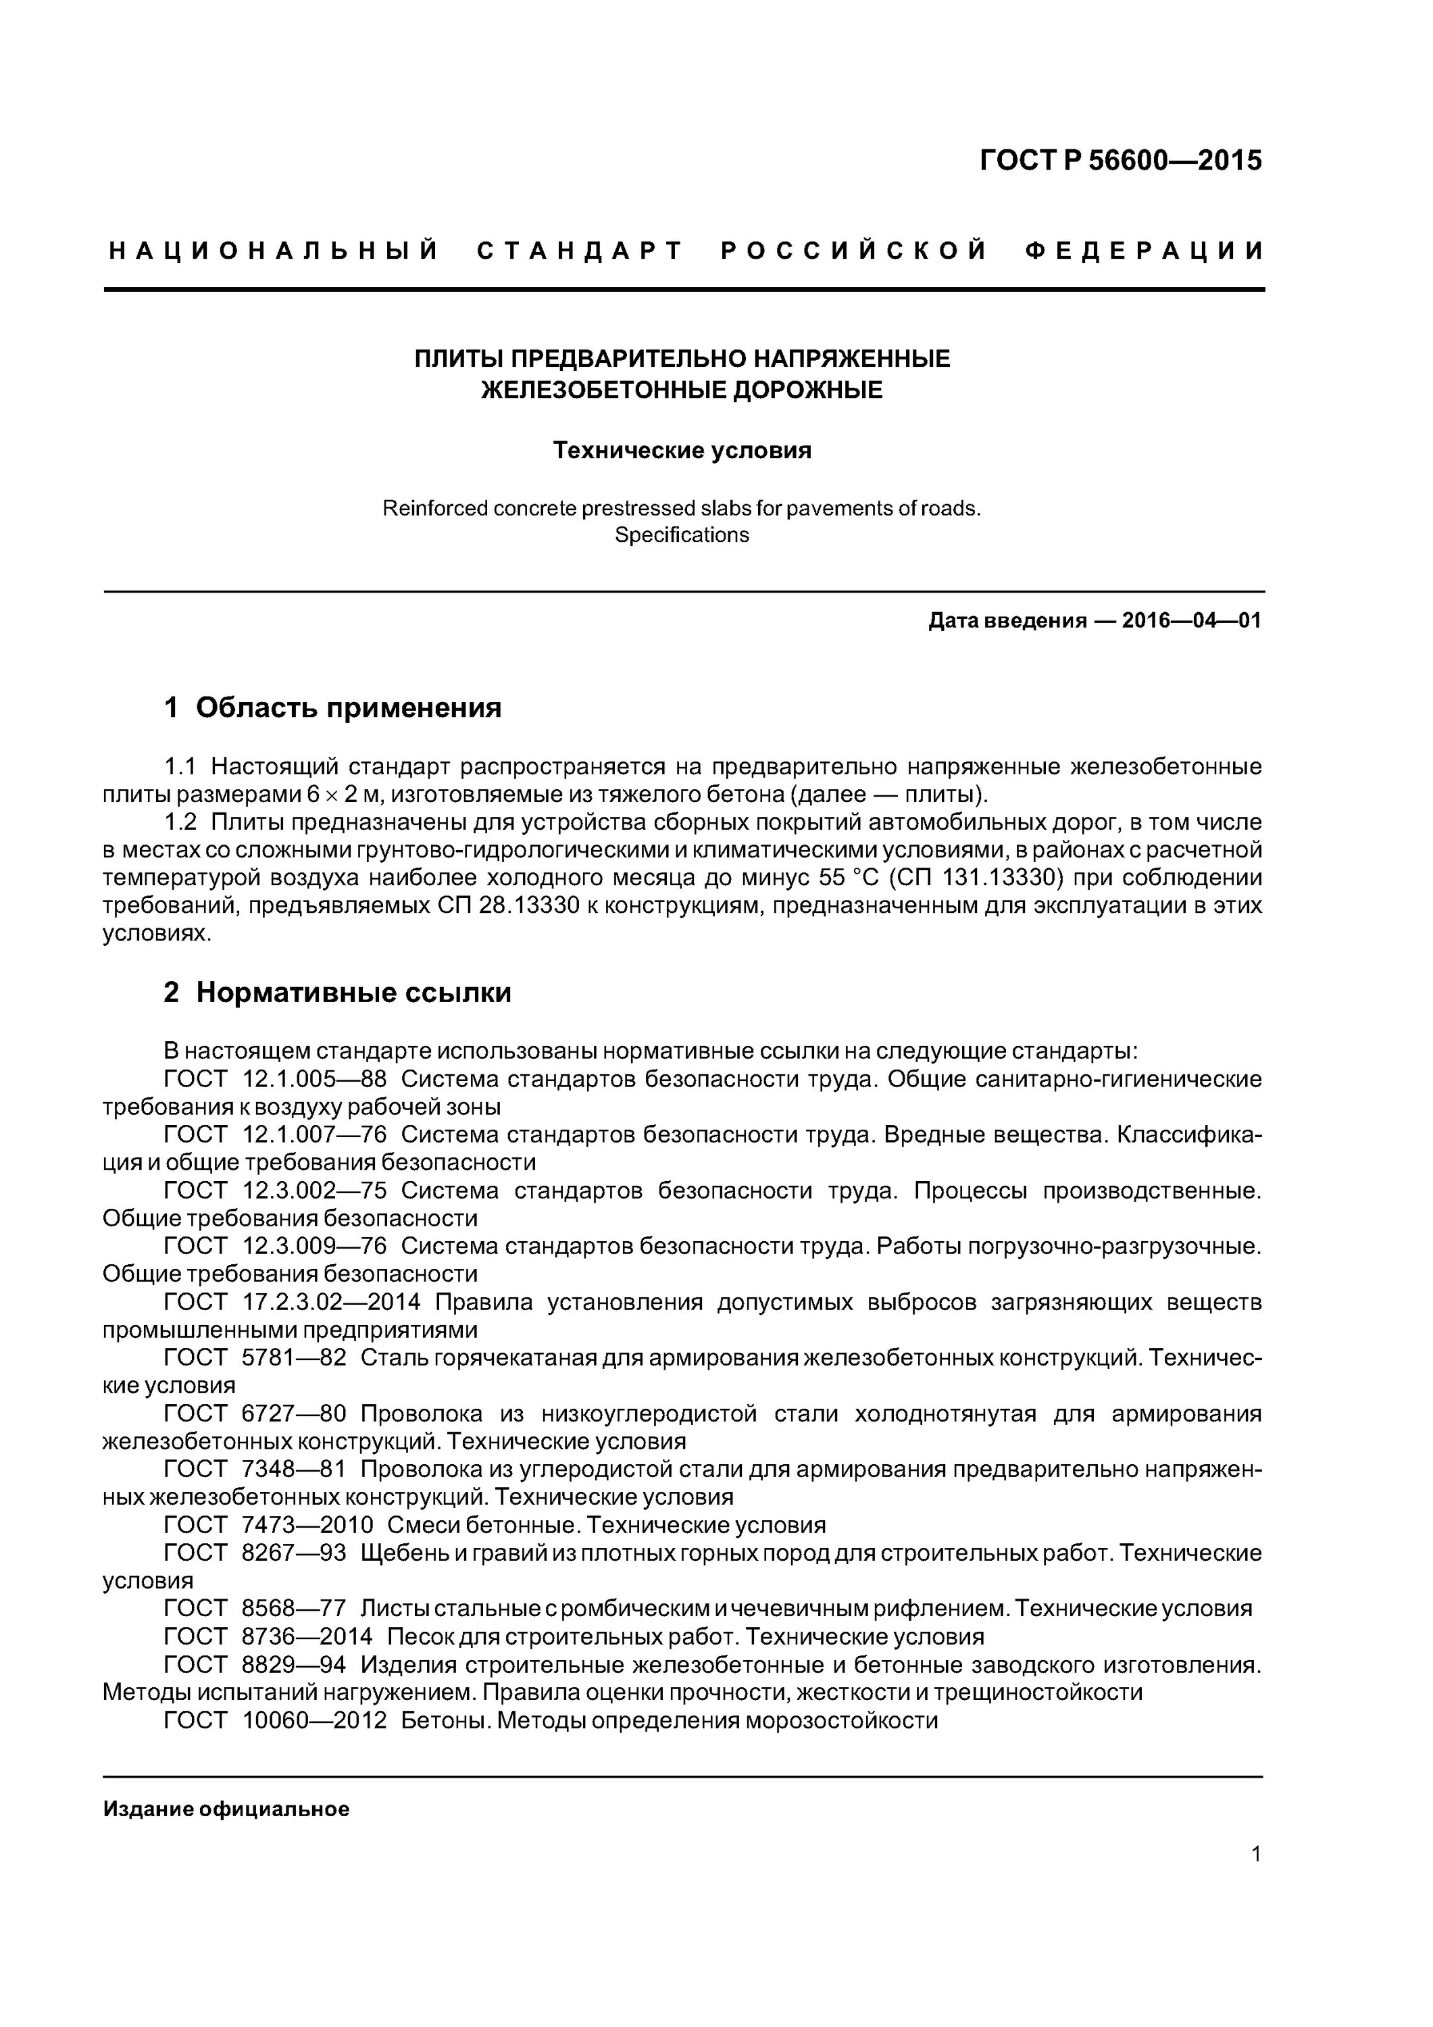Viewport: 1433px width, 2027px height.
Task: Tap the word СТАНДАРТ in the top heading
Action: point(580,251)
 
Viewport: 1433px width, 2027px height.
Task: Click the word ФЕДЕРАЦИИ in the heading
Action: point(1145,251)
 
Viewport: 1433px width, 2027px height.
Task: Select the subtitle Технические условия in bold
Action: point(682,451)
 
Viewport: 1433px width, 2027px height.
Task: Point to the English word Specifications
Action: point(682,535)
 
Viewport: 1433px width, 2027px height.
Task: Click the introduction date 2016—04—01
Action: point(1191,621)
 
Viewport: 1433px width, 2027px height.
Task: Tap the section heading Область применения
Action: point(348,707)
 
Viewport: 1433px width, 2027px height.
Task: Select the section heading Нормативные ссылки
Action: point(353,993)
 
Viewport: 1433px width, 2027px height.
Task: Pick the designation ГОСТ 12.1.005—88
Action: point(276,1079)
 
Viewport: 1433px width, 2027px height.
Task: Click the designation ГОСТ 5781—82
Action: point(255,1358)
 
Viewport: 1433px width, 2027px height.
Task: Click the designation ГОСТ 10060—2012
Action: point(276,1721)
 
